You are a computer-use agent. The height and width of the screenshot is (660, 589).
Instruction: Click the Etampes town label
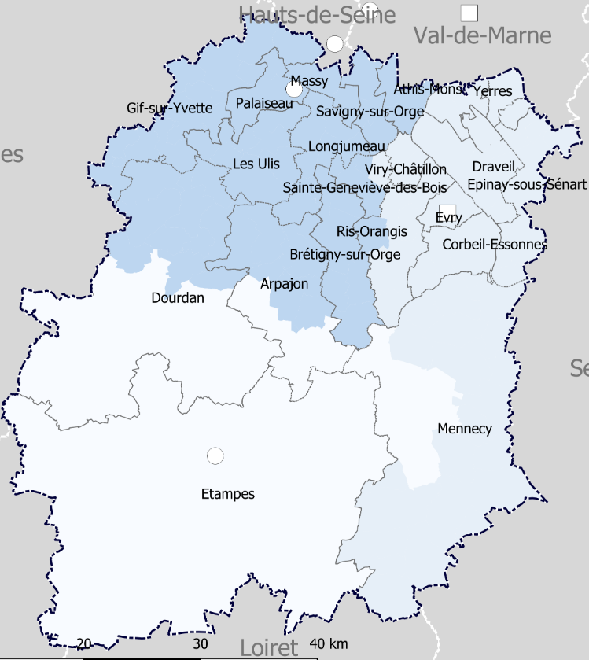point(228,494)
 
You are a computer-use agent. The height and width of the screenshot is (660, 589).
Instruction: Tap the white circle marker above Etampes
point(214,455)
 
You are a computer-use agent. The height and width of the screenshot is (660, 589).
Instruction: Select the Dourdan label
point(178,298)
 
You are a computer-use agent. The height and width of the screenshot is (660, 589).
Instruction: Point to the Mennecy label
point(465,429)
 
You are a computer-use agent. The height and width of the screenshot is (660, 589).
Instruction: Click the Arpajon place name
point(285,283)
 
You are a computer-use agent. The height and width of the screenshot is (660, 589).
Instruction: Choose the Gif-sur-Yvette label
point(170,108)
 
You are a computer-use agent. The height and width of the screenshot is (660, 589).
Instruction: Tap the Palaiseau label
point(264,103)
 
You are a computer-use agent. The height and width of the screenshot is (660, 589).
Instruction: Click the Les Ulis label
point(256,164)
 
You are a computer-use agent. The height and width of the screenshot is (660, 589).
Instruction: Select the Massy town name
point(309,81)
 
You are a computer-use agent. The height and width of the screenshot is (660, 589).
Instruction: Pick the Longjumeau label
point(348,146)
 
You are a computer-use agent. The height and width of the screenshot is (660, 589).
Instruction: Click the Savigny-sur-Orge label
point(370,112)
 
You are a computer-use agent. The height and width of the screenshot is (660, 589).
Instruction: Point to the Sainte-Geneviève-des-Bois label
point(365,188)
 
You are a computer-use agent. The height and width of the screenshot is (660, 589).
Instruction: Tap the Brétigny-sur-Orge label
point(345,254)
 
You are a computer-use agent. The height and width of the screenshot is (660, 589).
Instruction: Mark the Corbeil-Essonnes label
point(495,245)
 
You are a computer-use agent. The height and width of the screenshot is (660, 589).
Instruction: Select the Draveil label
point(494,167)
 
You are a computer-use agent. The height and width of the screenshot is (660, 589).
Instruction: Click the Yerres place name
point(493,91)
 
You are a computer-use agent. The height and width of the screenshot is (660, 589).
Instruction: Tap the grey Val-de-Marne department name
point(483,35)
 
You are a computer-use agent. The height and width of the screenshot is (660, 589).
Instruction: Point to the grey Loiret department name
point(270,648)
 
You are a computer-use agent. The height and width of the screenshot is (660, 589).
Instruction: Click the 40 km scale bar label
point(329,643)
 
